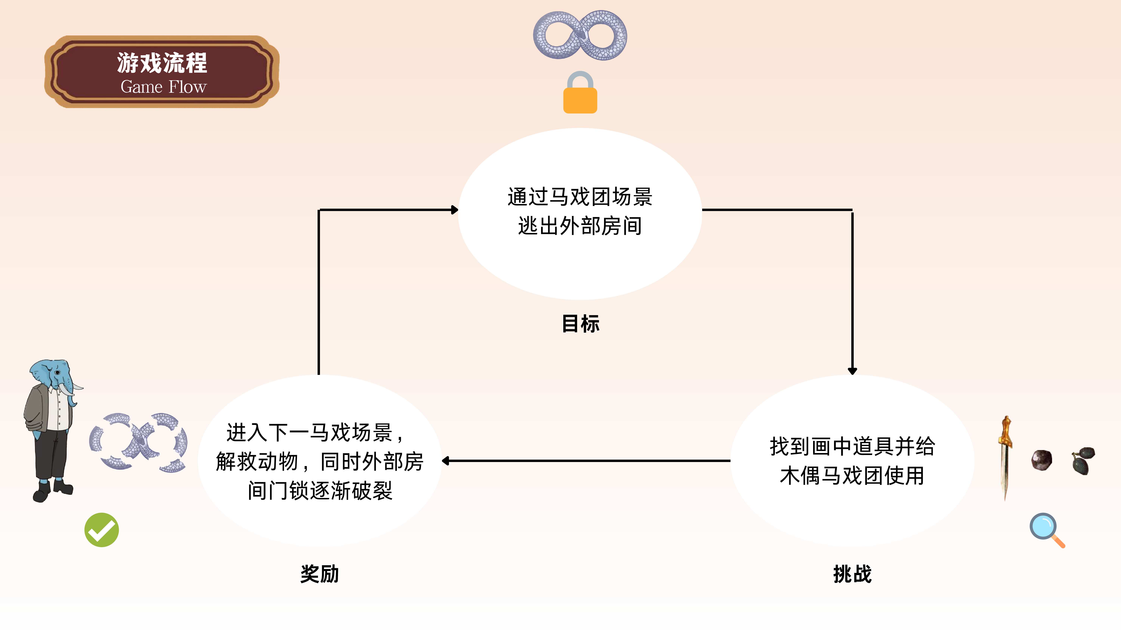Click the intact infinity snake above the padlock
point(580,35)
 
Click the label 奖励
point(319,574)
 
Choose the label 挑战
point(852,574)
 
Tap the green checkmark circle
point(101,530)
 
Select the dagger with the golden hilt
point(1005,457)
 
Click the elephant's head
point(54,374)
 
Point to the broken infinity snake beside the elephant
point(138,442)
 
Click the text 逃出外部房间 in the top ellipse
point(580,226)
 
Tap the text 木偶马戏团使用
point(852,475)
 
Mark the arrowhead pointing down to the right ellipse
point(852,371)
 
